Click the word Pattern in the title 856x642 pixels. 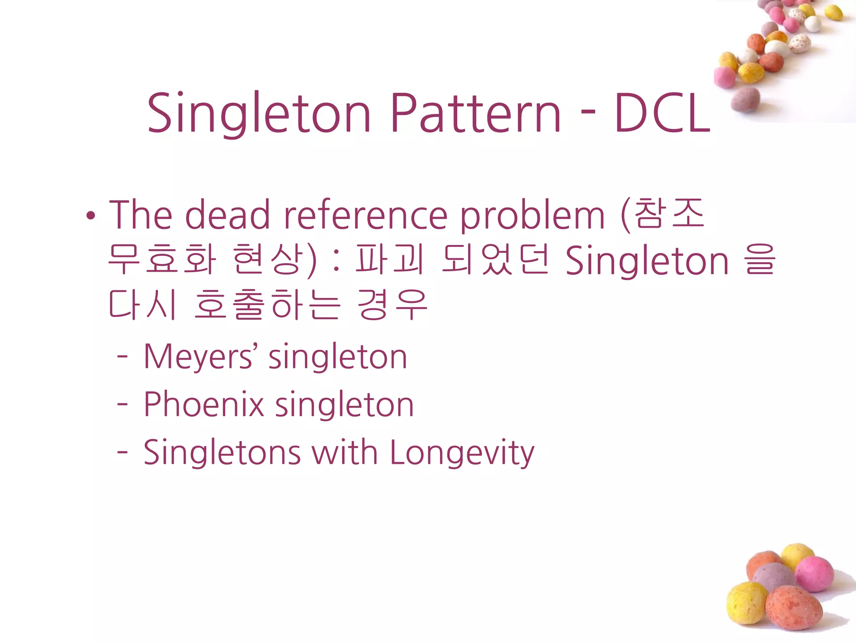click(x=475, y=113)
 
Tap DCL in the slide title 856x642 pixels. click(x=662, y=113)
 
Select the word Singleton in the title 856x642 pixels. click(x=259, y=113)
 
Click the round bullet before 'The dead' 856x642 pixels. click(x=91, y=216)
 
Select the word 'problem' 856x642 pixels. click(x=532, y=217)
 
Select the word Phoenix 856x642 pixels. click(x=204, y=405)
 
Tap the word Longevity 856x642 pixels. click(x=462, y=453)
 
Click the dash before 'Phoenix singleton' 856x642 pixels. click(x=122, y=404)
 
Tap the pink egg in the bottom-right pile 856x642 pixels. click(x=814, y=574)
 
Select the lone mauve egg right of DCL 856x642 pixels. click(x=746, y=99)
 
